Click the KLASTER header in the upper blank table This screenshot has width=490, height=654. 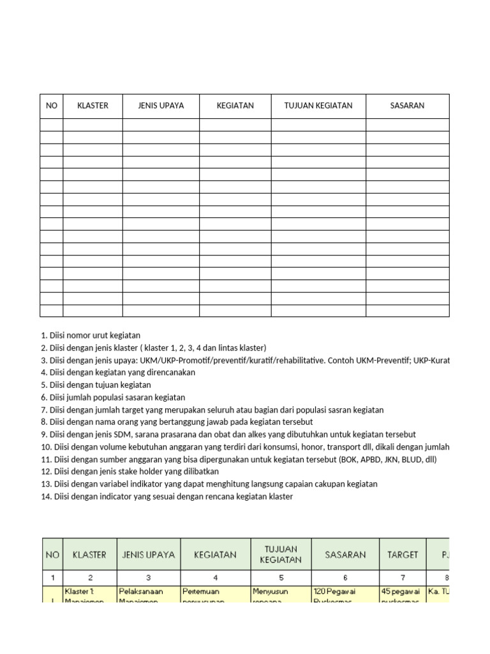[93, 106]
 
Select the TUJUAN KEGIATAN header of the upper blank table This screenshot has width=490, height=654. [318, 106]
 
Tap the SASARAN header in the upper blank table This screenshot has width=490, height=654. [407, 106]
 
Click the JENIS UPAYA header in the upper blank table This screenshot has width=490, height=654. [161, 106]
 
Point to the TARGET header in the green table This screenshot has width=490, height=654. [402, 554]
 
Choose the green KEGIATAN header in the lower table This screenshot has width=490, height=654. [215, 554]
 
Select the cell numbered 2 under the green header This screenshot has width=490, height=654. [90, 577]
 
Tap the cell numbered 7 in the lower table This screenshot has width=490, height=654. [402, 577]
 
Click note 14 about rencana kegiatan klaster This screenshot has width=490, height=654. [167, 496]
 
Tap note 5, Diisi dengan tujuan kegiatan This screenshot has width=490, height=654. [96, 385]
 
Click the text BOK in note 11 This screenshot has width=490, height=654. [362, 459]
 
